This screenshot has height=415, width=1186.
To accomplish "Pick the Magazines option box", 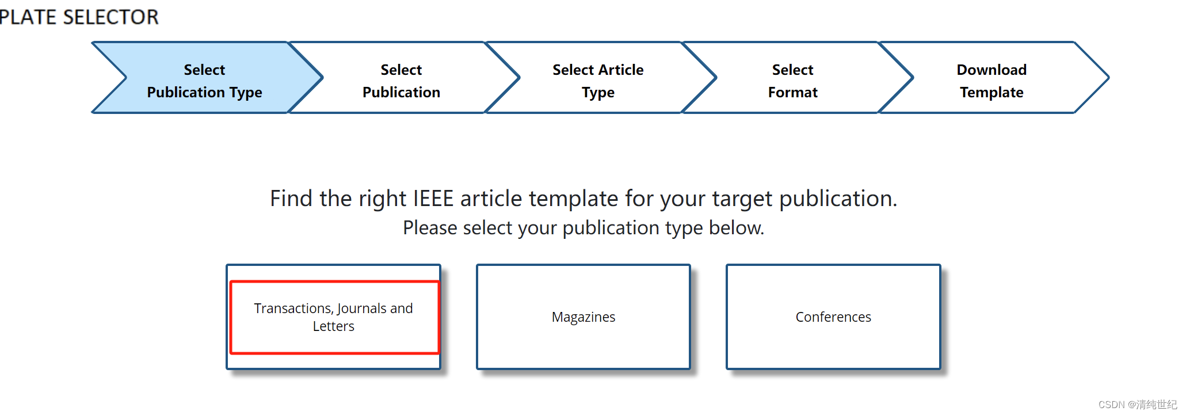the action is coord(583,317).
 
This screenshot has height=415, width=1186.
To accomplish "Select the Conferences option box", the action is coord(833,317).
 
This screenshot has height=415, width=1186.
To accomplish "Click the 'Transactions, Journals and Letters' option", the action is coord(334,317).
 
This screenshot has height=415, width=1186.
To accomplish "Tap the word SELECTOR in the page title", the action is coord(110,17).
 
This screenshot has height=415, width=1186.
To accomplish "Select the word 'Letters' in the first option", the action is coord(334,326).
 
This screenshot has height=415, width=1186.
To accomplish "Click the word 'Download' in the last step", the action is coord(991,70).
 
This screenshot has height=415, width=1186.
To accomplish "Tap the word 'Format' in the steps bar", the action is coord(792,92).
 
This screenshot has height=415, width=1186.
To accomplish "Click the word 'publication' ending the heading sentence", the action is coord(837,199).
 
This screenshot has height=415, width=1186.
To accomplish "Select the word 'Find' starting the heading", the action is coord(291,199).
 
